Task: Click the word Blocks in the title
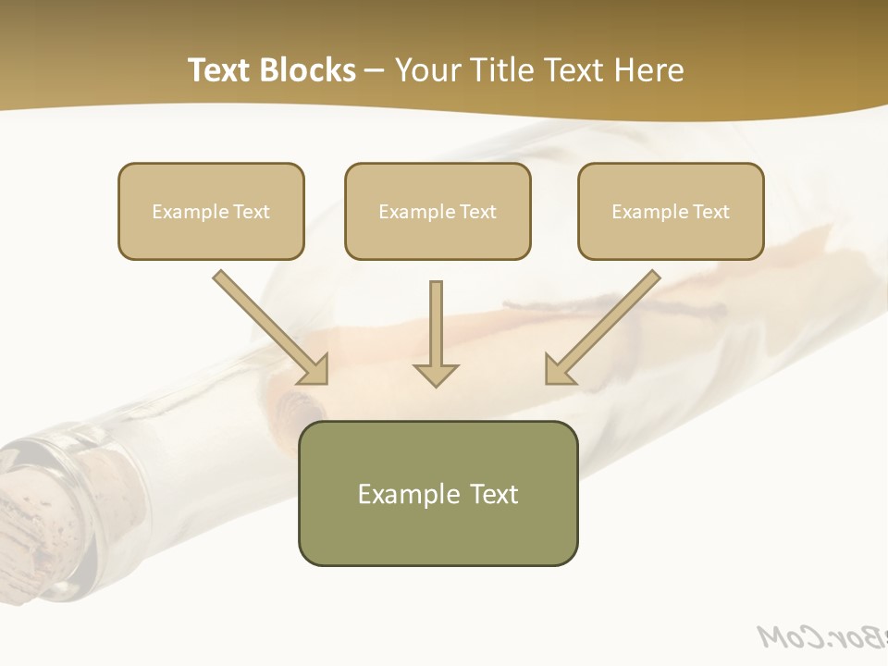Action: click(x=308, y=70)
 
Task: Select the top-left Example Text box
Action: click(x=211, y=211)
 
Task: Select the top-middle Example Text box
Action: click(x=438, y=211)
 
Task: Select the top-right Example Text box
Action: click(x=671, y=211)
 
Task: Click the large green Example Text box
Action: click(x=438, y=493)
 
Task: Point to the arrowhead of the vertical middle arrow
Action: click(x=436, y=375)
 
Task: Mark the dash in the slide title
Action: click(x=375, y=71)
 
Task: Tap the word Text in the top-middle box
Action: click(x=478, y=212)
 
